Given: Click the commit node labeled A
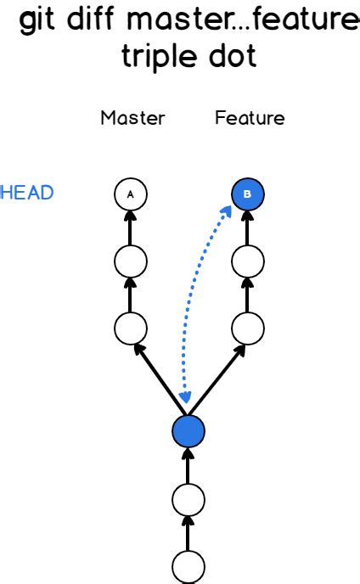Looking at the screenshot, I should (130, 194).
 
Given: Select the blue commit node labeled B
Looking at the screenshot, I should (247, 194).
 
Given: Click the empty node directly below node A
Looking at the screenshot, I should (130, 260).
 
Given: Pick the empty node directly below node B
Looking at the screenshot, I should (247, 260).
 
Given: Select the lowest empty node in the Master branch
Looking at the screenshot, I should (130, 326).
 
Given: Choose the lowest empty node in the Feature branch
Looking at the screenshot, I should (247, 326).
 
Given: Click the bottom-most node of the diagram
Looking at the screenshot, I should (188, 567).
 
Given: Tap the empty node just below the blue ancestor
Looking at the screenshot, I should (188, 500).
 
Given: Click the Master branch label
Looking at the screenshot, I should (132, 118).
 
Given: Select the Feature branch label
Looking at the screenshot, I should (250, 118).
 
